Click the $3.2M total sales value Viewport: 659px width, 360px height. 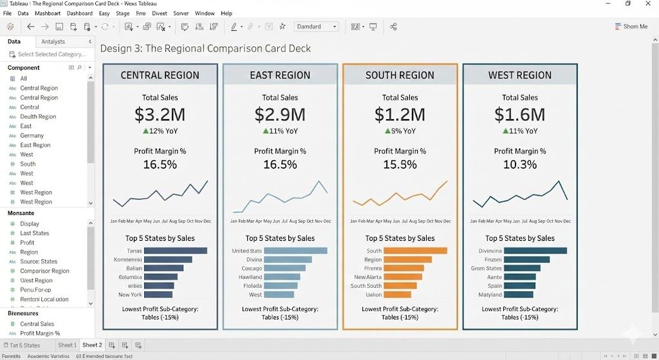pos(160,115)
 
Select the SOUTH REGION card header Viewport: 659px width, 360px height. pos(400,75)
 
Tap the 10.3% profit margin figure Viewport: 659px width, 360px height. pos(519,164)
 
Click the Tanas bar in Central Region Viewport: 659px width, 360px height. pos(176,251)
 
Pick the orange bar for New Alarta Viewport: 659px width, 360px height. pos(404,277)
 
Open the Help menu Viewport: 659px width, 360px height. pos(227,13)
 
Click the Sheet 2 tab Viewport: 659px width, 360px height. pos(92,345)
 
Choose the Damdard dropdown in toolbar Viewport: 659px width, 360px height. pos(317,26)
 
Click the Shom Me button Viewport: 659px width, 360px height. pos(631,26)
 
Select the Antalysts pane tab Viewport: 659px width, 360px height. pos(53,41)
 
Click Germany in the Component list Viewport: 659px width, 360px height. pos(32,136)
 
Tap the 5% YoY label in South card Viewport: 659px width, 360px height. pos(400,131)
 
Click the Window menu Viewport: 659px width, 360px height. pos(205,13)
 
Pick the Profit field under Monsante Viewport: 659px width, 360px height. pos(27,243)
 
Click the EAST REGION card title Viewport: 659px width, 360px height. pos(280,75)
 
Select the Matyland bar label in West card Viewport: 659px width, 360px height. pos(490,295)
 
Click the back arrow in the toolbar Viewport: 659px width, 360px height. pos(30,26)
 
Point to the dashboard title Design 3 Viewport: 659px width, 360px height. pos(205,48)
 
